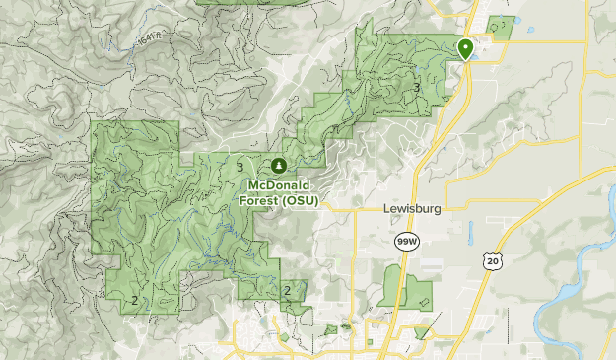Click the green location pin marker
pos(465,47)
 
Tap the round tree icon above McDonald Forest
pos(279,165)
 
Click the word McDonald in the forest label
pos(279,184)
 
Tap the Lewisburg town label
pos(411,209)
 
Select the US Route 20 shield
pos(492,259)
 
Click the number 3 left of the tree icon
pos(240,168)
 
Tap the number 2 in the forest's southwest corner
pos(133,300)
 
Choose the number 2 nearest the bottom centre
pos(287,290)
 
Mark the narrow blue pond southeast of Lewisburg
pos(471,234)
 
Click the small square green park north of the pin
pos(502,27)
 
